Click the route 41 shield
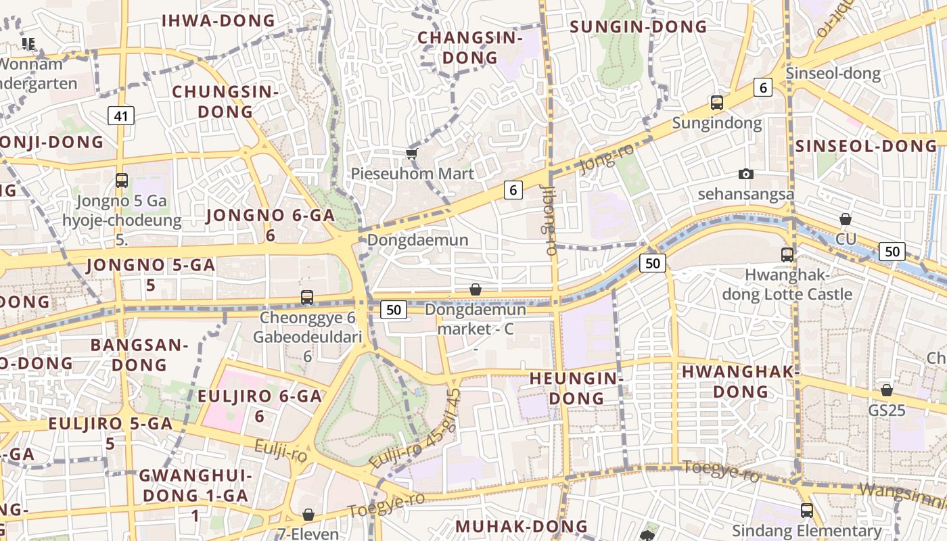pos(120,116)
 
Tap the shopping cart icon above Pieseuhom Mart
pos(411,154)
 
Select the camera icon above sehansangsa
pos(746,174)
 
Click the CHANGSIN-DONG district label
pos(470,47)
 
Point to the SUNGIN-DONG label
pos(638,27)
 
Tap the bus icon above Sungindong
pos(717,103)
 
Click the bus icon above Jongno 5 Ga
pos(122,180)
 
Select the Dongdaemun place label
pos(417,240)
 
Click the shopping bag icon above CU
pos(846,219)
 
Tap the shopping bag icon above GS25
pos(887,390)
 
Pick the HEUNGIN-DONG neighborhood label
pos(576,387)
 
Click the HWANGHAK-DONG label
pos(741,381)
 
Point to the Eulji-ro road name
pos(281,450)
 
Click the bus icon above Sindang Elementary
pos(806,510)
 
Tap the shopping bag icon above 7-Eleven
pos(308,515)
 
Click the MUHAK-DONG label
pos(521,525)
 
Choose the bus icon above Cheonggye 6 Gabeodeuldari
pos(307,297)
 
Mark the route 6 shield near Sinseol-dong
pos(763,87)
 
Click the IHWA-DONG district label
pos(218,20)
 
